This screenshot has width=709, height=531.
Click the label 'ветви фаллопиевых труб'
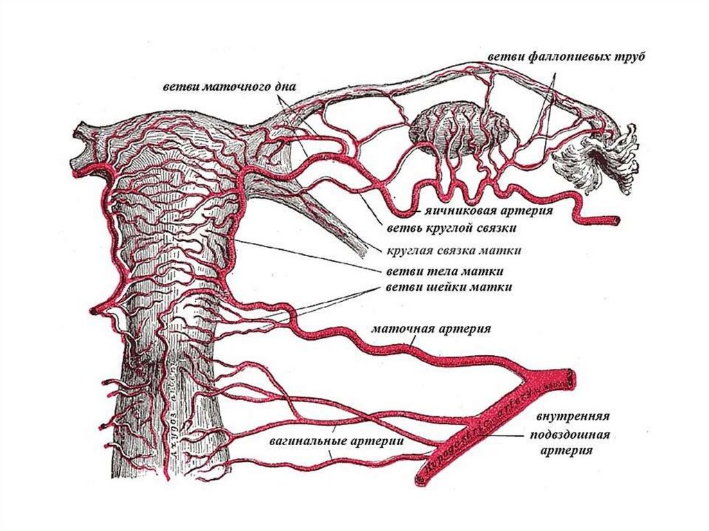pyautogui.click(x=566, y=55)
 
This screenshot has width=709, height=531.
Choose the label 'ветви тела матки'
pyautogui.click(x=445, y=271)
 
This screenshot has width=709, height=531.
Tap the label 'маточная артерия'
pyautogui.click(x=431, y=328)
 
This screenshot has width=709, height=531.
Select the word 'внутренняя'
pyautogui.click(x=572, y=417)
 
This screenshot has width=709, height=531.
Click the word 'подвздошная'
pyautogui.click(x=569, y=435)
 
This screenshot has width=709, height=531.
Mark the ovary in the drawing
pyautogui.click(x=460, y=128)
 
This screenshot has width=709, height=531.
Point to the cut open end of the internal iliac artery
pyautogui.click(x=570, y=377)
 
